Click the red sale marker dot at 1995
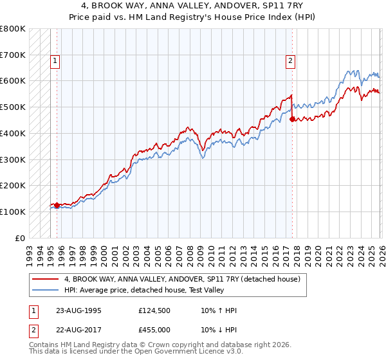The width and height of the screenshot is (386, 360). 57,205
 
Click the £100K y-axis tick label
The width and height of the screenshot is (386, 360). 13,212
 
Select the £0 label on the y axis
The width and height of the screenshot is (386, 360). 19,238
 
